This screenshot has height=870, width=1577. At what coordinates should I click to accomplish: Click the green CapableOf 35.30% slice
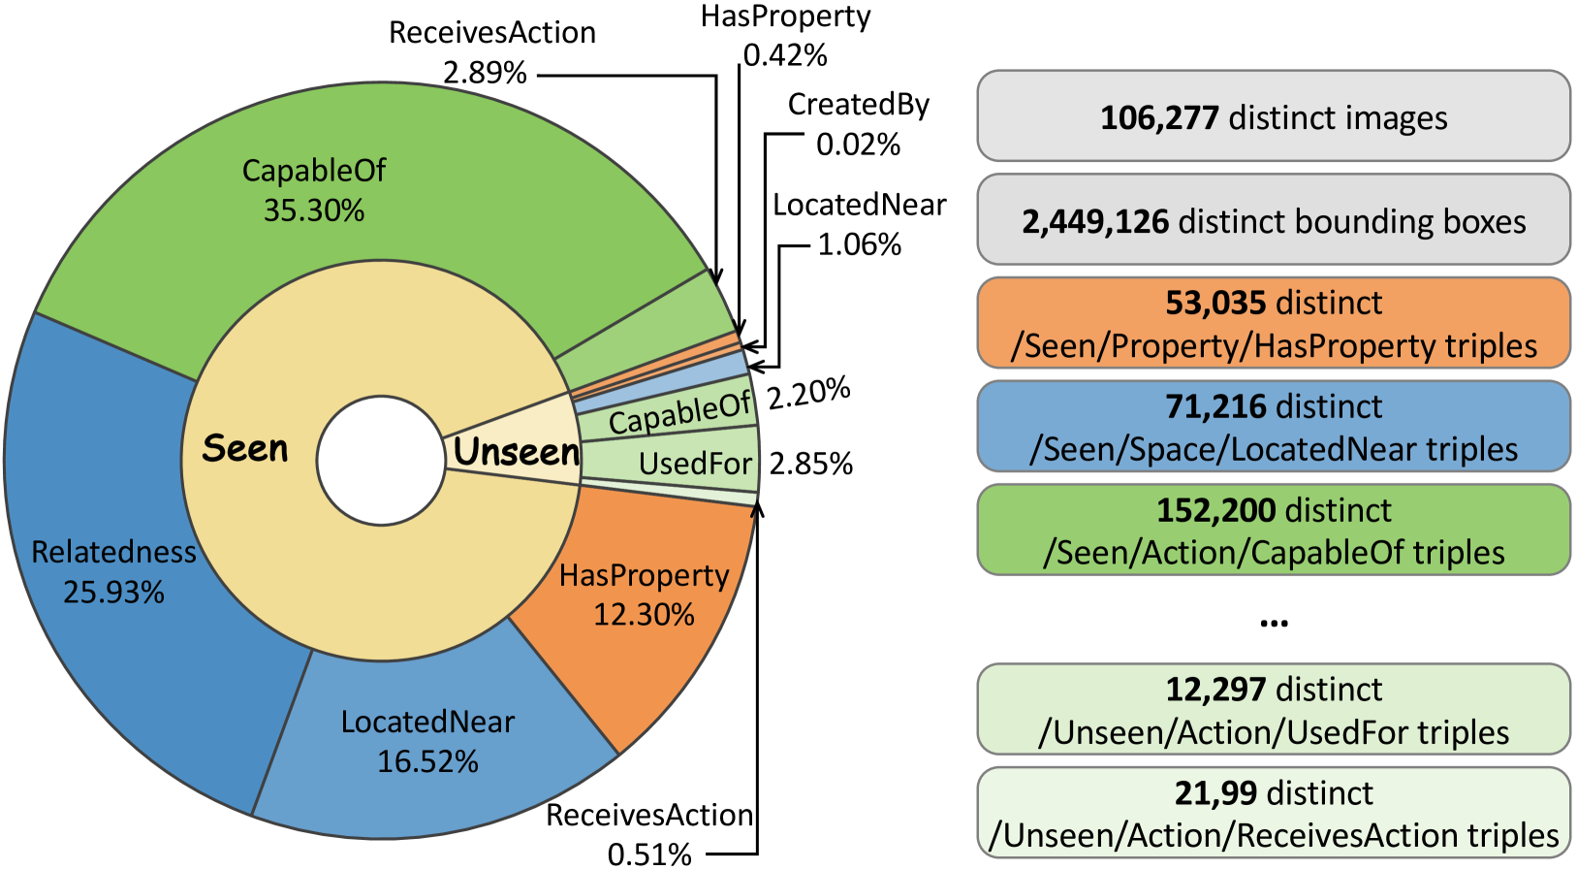tap(313, 190)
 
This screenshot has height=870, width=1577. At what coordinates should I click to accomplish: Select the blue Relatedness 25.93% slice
tap(113, 571)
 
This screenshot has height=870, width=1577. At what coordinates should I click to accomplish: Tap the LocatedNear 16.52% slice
tap(427, 741)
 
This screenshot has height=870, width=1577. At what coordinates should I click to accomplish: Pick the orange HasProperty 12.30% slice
tap(644, 595)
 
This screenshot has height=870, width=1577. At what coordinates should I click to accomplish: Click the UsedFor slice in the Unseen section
tap(695, 465)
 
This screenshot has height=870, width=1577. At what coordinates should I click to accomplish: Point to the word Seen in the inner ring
tap(245, 449)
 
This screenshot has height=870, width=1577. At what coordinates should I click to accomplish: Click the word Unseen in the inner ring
tap(517, 453)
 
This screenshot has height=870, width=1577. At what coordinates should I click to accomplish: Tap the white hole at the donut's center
tap(380, 461)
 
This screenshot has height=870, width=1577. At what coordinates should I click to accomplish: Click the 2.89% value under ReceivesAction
tap(485, 73)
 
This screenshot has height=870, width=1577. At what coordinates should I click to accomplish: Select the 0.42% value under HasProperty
tap(785, 55)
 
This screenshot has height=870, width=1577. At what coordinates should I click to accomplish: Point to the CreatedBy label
tap(858, 104)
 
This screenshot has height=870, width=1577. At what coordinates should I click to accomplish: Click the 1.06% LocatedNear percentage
tap(859, 244)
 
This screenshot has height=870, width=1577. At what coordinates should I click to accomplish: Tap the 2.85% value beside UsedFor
tap(810, 465)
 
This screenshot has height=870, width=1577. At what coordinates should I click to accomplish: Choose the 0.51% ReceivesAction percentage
tap(649, 854)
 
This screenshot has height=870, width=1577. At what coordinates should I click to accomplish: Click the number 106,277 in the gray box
tap(1158, 118)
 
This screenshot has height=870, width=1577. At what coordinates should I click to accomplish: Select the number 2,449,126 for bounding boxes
tap(1095, 222)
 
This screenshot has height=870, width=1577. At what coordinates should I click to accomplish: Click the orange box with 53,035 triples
tap(1273, 324)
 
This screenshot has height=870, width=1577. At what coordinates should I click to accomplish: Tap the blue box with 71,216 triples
tap(1273, 427)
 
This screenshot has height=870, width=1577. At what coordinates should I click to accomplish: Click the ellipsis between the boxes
tap(1273, 621)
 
